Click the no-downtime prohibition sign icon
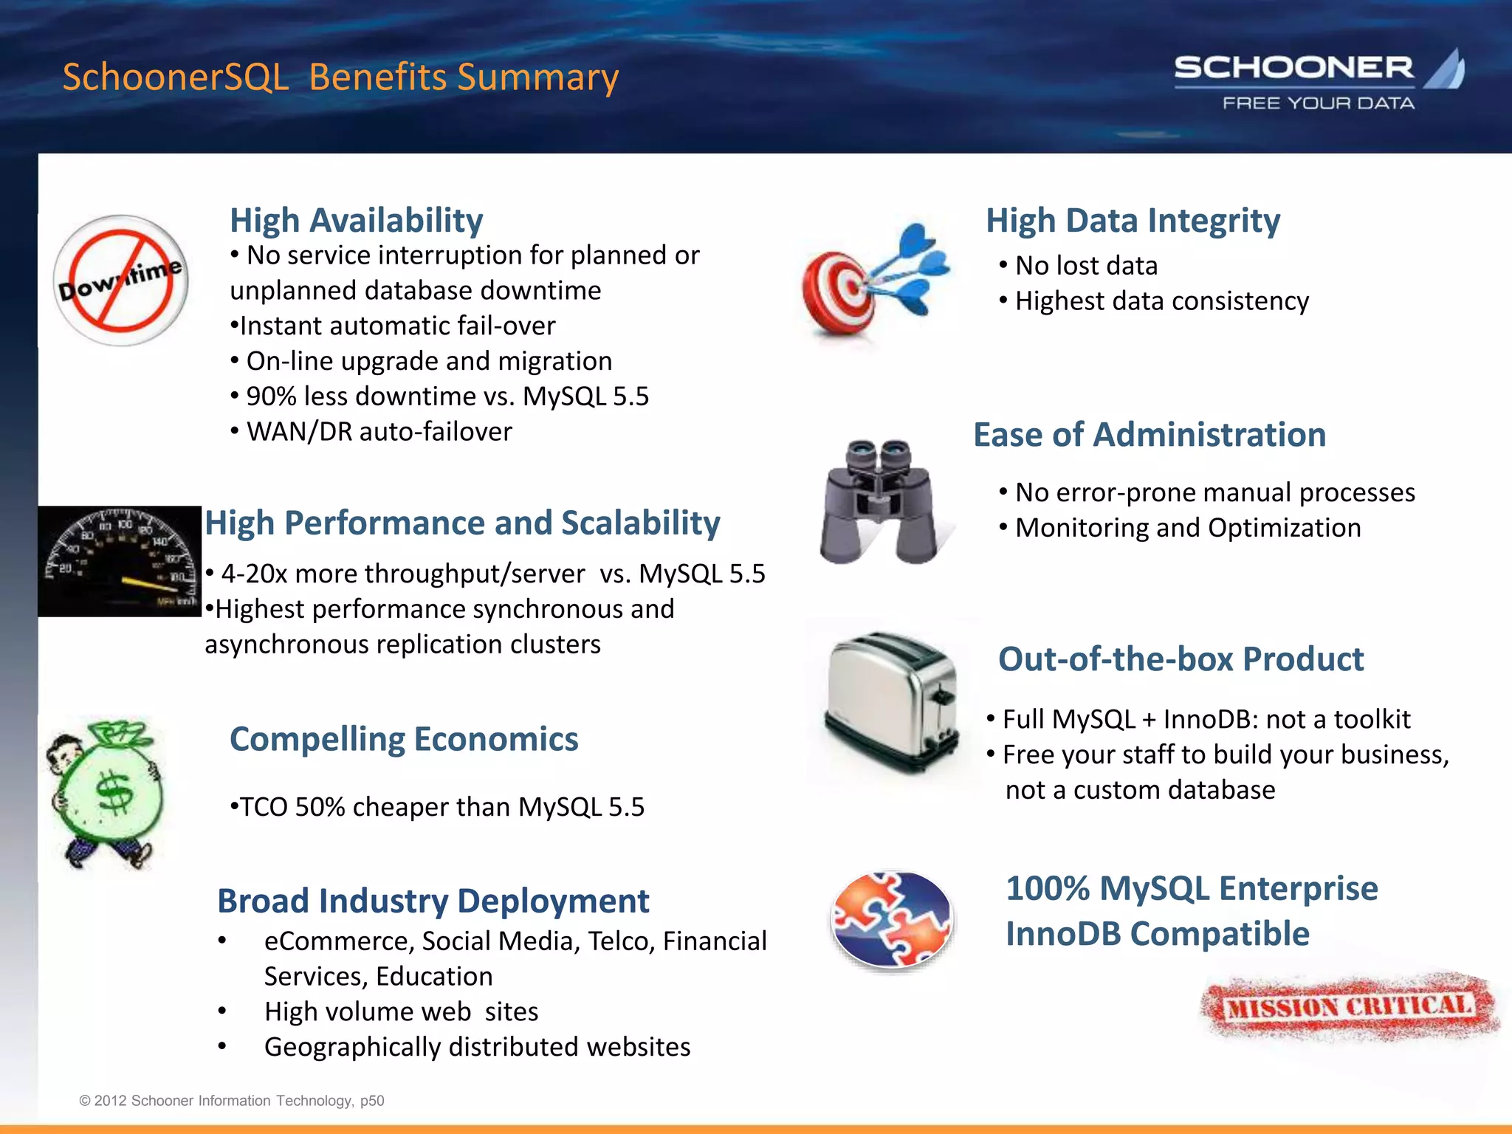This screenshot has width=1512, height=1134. click(121, 281)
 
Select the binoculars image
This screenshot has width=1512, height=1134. click(879, 502)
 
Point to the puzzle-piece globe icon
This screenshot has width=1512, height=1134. click(892, 919)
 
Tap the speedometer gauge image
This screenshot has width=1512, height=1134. click(120, 562)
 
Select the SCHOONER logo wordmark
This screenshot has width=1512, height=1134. click(1293, 68)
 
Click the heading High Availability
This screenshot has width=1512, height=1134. click(356, 220)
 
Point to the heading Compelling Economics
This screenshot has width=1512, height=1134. click(404, 739)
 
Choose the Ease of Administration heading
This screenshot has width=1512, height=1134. click(1150, 434)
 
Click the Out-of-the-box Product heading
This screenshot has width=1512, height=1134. click(1181, 659)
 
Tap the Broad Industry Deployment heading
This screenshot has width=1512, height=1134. click(433, 901)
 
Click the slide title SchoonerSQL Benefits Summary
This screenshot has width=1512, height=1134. click(340, 77)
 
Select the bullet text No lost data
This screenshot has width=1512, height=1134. click(1085, 266)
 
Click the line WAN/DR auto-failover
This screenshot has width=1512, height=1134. click(378, 432)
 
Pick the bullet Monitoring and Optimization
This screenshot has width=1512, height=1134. click(1187, 528)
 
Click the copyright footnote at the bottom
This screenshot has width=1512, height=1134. click(232, 1101)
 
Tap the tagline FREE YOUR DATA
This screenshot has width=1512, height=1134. click(1319, 103)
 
